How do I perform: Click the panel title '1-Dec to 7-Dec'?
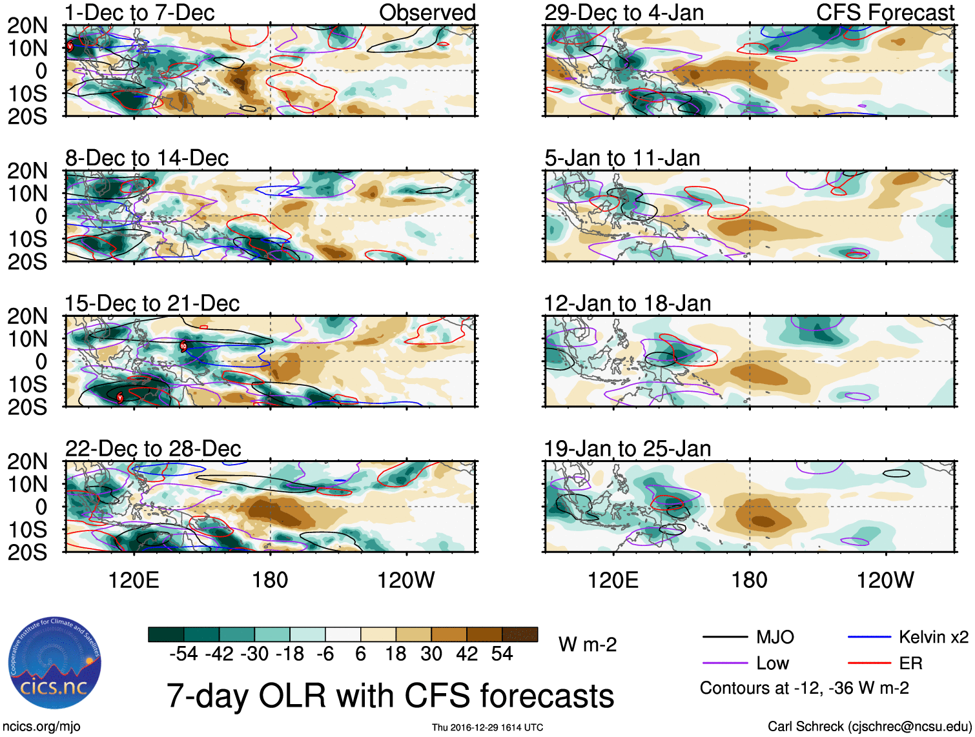(x=139, y=12)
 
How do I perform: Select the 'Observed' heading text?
(x=427, y=12)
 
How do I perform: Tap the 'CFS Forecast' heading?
(x=885, y=12)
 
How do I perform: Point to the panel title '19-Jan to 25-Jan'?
(x=627, y=448)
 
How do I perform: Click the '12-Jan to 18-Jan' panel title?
(x=627, y=303)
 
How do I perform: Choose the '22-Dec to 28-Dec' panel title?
(x=153, y=448)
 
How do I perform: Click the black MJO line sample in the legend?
(x=725, y=638)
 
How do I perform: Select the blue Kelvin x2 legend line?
(x=869, y=638)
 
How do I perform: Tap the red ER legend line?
(x=869, y=663)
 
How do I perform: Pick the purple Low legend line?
(x=725, y=663)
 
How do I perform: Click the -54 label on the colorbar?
(x=183, y=654)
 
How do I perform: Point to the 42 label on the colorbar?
(x=467, y=654)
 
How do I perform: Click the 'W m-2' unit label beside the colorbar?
(x=588, y=644)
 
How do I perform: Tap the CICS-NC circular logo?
(x=55, y=662)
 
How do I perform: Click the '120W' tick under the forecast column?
(x=885, y=580)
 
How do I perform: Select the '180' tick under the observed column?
(x=270, y=580)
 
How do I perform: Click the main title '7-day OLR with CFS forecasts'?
(x=390, y=696)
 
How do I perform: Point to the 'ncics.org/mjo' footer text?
(x=41, y=726)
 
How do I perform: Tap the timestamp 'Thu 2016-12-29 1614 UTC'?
(x=487, y=727)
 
